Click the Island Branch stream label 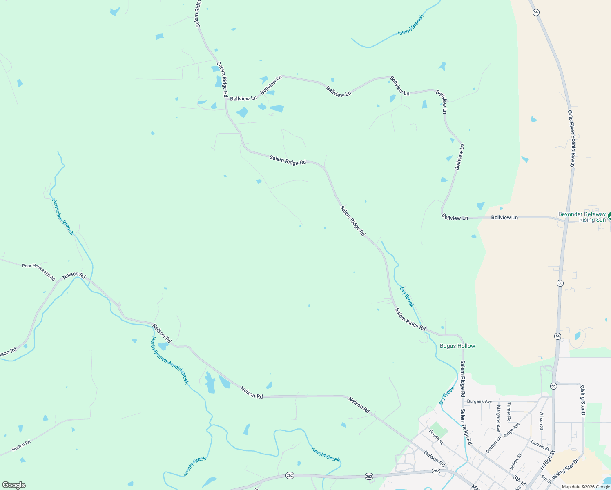pyautogui.click(x=411, y=25)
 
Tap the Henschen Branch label pyautogui.click(x=62, y=216)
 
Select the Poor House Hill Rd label pyautogui.click(x=38, y=272)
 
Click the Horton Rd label pyautogui.click(x=21, y=446)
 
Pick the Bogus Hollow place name pyautogui.click(x=457, y=346)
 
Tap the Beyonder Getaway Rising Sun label pyautogui.click(x=582, y=217)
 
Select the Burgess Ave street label pyautogui.click(x=479, y=401)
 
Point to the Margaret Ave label pyautogui.click(x=498, y=419)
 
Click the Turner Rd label pyautogui.click(x=508, y=412)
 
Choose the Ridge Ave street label pyautogui.click(x=512, y=430)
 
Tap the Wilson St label pyautogui.click(x=541, y=421)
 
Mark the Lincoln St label pyautogui.click(x=540, y=445)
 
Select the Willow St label pyautogui.click(x=516, y=461)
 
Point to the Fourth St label pyautogui.click(x=436, y=437)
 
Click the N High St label pyautogui.click(x=547, y=460)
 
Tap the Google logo pyautogui.click(x=14, y=485)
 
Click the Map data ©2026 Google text pyautogui.click(x=586, y=487)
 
